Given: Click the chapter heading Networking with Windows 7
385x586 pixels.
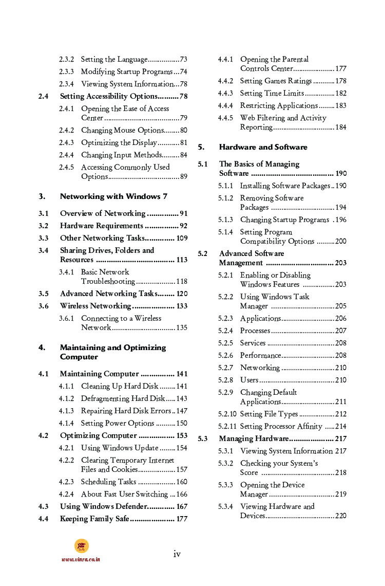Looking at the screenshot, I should pyautogui.click(x=113, y=196).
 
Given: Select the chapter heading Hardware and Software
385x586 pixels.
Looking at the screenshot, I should pyautogui.click(x=263, y=147).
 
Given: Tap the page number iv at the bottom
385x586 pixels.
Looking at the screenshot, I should pyautogui.click(x=177, y=554).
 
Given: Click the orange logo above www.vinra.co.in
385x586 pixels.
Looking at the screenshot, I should pyautogui.click(x=81, y=546).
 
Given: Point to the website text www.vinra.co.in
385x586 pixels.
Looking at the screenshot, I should pyautogui.click(x=81, y=559).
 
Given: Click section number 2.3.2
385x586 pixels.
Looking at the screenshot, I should pyautogui.click(x=66, y=60).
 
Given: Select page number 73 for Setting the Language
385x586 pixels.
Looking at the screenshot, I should pyautogui.click(x=183, y=60).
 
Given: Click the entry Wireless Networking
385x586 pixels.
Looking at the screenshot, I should pyautogui.click(x=95, y=306).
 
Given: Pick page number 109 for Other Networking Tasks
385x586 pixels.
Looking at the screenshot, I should pyautogui.click(x=182, y=238).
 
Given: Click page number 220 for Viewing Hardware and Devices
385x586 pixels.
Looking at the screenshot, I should pyautogui.click(x=340, y=516).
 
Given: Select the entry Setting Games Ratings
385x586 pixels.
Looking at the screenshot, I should pyautogui.click(x=276, y=81).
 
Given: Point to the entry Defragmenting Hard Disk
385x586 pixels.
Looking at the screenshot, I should pyautogui.click(x=123, y=398).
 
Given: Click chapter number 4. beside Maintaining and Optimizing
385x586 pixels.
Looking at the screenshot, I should pyautogui.click(x=42, y=347).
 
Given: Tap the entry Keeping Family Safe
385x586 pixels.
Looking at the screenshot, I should pyautogui.click(x=94, y=519).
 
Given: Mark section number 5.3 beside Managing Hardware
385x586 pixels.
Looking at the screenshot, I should pyautogui.click(x=203, y=438).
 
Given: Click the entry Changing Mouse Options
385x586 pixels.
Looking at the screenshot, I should pyautogui.click(x=122, y=131).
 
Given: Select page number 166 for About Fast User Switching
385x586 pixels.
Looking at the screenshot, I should pyautogui.click(x=182, y=494).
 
